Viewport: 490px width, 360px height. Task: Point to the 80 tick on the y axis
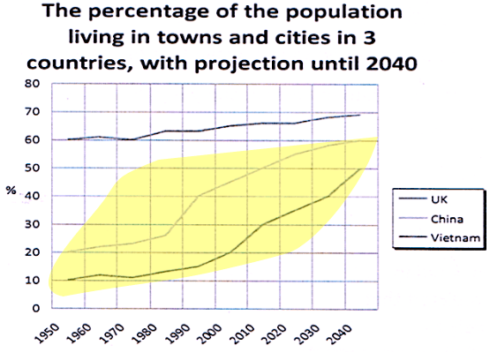coord(33,84)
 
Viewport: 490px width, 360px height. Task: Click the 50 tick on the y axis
coord(33,168)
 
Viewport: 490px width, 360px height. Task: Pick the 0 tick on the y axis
coord(36,308)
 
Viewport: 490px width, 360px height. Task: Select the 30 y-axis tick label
coord(33,224)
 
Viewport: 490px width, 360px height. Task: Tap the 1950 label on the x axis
coord(47,334)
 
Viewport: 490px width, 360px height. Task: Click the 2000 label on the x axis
coord(210,334)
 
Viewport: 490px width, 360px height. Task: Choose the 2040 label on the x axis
coord(340,334)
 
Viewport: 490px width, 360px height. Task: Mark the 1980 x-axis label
coord(145,334)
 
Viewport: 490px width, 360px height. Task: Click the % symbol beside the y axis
coord(11,191)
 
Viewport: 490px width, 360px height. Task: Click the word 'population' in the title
coord(344,12)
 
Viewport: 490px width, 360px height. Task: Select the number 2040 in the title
coord(392,64)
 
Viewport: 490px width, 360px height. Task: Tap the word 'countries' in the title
coord(80,64)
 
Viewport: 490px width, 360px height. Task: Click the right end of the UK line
coord(360,115)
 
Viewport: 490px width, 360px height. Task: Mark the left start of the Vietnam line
coord(68,280)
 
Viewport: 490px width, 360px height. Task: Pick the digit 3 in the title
coord(370,37)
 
